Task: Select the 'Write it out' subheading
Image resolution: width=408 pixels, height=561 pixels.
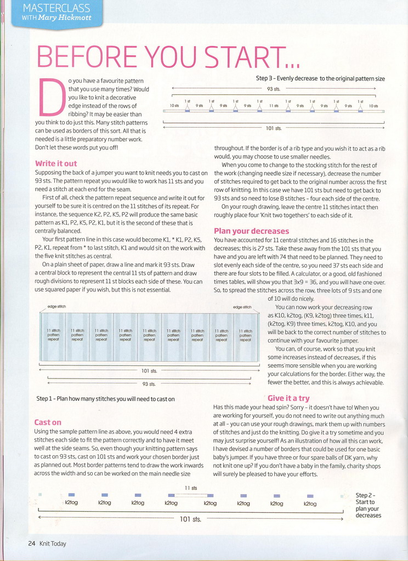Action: click(x=56, y=163)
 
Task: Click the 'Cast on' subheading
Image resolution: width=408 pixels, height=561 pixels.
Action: click(x=48, y=422)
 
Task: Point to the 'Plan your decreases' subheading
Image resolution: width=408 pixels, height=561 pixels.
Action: click(x=251, y=231)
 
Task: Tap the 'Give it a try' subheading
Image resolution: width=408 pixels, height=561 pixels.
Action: click(x=288, y=398)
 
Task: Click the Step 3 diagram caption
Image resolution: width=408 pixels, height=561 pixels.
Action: click(x=320, y=78)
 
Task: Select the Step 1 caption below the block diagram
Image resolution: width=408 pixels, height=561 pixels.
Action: click(x=105, y=399)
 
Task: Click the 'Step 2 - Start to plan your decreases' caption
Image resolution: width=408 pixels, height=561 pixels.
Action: click(x=369, y=505)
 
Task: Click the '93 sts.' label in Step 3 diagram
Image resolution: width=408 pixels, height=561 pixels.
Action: click(x=273, y=88)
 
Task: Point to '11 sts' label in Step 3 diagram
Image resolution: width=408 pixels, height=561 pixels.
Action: click(x=274, y=106)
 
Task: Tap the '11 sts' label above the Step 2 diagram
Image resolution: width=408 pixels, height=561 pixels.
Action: click(x=191, y=488)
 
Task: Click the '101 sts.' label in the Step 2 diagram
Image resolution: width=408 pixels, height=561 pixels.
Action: click(x=190, y=519)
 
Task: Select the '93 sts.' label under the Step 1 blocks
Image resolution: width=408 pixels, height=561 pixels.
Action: click(x=149, y=384)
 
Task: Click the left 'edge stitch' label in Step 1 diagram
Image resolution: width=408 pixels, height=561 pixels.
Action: click(x=56, y=306)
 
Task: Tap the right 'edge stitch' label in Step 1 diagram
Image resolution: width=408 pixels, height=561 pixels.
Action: click(x=242, y=307)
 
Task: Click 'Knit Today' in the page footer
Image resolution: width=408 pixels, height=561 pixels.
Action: click(x=53, y=543)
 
